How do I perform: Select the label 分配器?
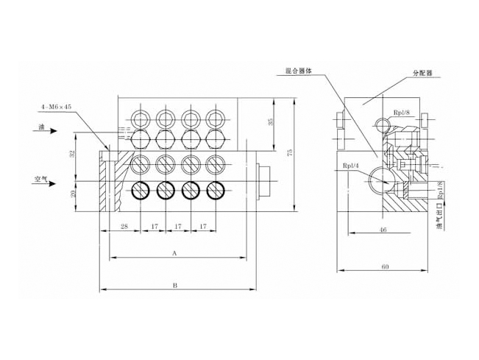(x=422, y=74)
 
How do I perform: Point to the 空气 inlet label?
(x=40, y=178)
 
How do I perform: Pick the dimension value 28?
(x=124, y=227)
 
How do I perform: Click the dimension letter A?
(x=174, y=253)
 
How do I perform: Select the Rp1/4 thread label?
(x=350, y=166)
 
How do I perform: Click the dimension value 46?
(x=383, y=230)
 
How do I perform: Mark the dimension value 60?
(x=385, y=267)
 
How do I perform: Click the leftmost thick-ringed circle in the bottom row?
(x=140, y=190)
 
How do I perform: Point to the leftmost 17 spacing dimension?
(x=153, y=227)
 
